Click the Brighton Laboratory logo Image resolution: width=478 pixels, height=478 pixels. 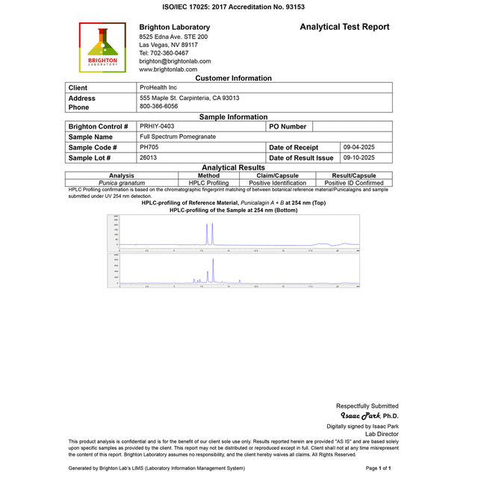[x=102, y=46]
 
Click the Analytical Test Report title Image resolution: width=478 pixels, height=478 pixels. [x=344, y=27]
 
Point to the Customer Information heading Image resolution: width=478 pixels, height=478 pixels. [x=233, y=78]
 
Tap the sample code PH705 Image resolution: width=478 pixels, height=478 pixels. [x=149, y=147]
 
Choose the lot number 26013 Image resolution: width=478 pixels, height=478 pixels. [x=148, y=158]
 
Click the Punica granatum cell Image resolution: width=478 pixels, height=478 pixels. [x=122, y=183]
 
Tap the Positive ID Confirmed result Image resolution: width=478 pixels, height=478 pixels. [x=354, y=183]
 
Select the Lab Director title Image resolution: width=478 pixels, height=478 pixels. [x=382, y=434]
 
